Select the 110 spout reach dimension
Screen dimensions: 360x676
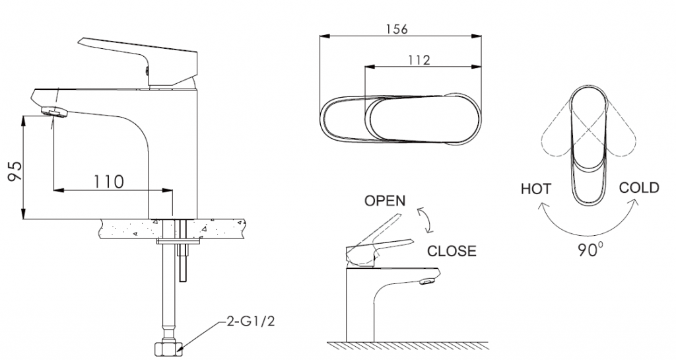pyautogui.click(x=109, y=180)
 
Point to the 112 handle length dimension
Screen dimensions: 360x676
pyautogui.click(x=419, y=59)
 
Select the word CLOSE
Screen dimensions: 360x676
pyautogui.click(x=452, y=251)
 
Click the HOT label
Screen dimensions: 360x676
pyautogui.click(x=536, y=190)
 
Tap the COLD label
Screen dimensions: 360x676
pyautogui.click(x=638, y=188)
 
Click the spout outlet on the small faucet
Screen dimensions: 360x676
pyautogui.click(x=428, y=283)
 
